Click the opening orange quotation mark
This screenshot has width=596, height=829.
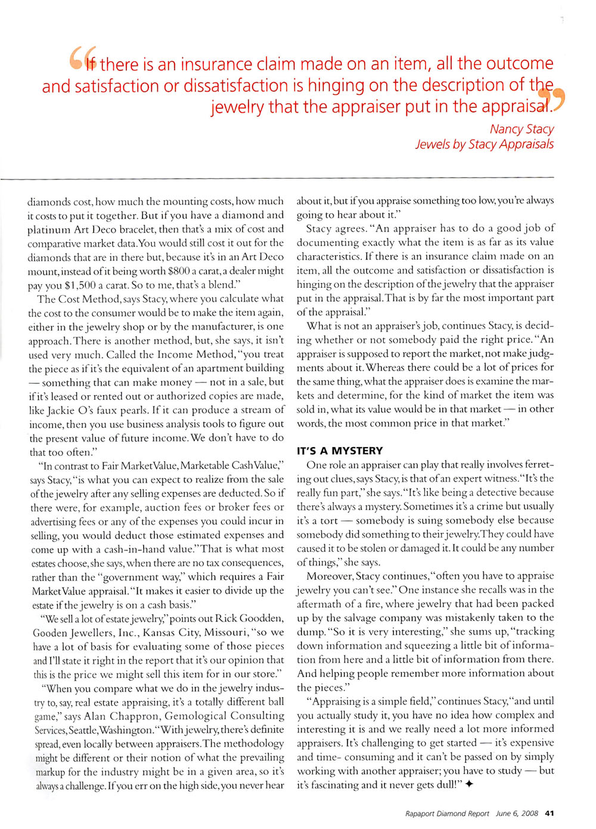[80, 58]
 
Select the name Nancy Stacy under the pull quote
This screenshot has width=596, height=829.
[521, 129]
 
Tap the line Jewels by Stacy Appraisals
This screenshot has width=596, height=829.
[484, 144]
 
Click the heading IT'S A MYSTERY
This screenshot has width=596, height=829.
[340, 451]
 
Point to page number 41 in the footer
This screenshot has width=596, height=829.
[550, 813]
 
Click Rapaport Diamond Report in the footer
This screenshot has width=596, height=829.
[446, 813]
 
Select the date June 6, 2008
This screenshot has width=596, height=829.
[517, 813]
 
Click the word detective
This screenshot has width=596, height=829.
[484, 492]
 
